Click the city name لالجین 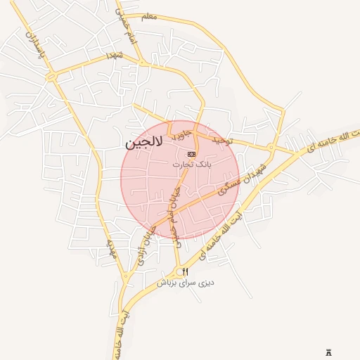click(x=144, y=143)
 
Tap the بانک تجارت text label click(x=191, y=164)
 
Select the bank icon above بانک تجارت click(x=191, y=153)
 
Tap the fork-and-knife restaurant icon click(x=186, y=271)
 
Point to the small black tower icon click(x=329, y=352)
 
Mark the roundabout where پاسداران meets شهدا click(x=51, y=75)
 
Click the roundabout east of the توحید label click(x=271, y=147)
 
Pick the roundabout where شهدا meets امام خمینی click(x=141, y=63)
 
